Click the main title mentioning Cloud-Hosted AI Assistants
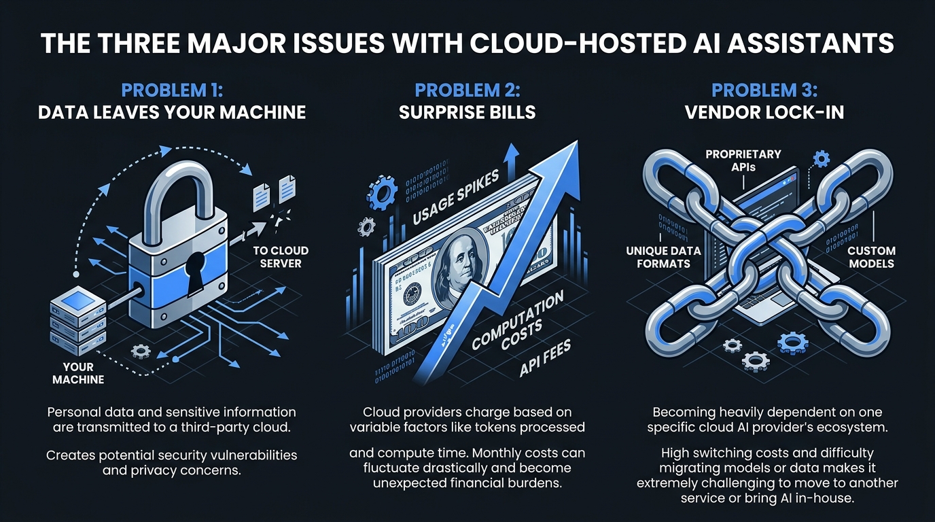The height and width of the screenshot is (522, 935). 467,43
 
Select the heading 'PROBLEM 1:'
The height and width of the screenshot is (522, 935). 171,90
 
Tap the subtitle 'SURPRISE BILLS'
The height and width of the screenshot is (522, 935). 467,111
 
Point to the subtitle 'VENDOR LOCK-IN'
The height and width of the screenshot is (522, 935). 764,111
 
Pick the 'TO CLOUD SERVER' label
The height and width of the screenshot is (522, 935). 281,257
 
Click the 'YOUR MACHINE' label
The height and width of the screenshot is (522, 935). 78,373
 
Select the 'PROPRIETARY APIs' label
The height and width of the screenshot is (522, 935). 743,160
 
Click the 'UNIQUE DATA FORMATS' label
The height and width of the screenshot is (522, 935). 663,257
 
